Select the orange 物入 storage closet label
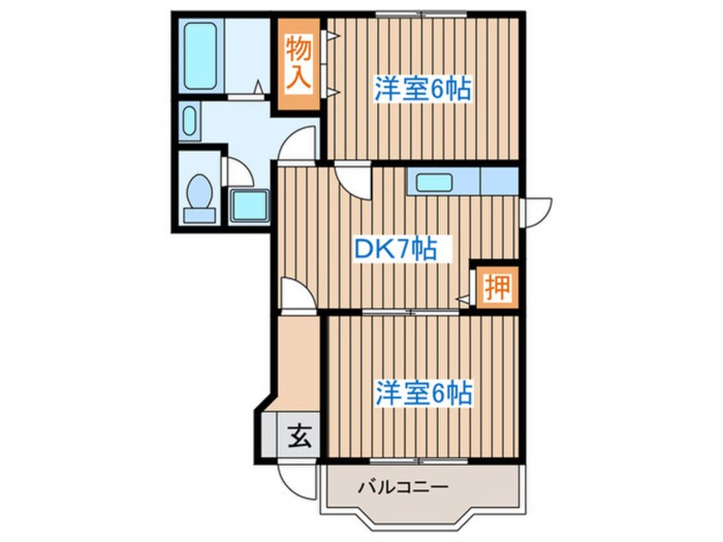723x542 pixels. click(x=297, y=62)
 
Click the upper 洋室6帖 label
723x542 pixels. click(x=422, y=89)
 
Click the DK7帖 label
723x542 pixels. click(x=396, y=249)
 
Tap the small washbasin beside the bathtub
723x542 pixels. click(x=190, y=122)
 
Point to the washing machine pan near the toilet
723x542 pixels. click(x=249, y=205)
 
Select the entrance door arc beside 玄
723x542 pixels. click(x=293, y=475)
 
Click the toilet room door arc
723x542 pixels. click(x=239, y=171)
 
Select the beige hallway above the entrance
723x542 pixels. click(x=297, y=359)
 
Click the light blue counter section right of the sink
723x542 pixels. click(x=500, y=181)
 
